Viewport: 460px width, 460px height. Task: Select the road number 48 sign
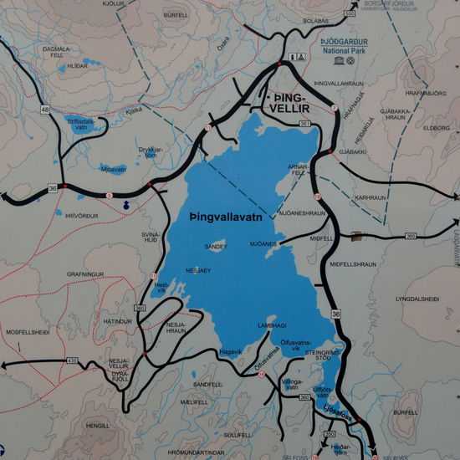(x=44, y=109)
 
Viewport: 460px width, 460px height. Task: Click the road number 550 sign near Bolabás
(x=348, y=14)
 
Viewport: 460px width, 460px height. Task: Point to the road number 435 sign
(x=73, y=360)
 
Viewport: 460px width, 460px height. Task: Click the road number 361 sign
(x=304, y=124)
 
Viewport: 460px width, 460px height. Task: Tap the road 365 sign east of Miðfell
(x=410, y=237)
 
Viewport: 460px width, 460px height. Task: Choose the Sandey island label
(x=215, y=247)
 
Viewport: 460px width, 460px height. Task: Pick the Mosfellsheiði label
(x=28, y=332)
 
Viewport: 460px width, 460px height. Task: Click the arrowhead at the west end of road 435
(x=5, y=365)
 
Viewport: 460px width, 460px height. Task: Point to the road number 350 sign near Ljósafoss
(x=329, y=434)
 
